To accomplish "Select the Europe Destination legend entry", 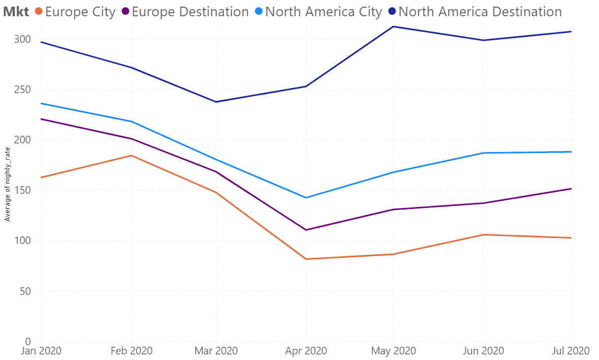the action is (185, 12).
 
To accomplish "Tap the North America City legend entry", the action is (319, 12).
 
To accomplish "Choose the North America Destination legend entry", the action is (475, 12).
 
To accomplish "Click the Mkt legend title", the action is (16, 12).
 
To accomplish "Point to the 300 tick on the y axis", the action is (22, 39).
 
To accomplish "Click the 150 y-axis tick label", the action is (22, 190).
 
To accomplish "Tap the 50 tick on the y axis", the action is (25, 291).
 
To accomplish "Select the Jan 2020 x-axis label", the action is (41, 351).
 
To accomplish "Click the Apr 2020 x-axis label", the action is (306, 351).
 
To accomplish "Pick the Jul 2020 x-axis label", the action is (571, 351).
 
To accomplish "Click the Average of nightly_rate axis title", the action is (7, 184).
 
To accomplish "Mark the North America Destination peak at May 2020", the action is (394, 26).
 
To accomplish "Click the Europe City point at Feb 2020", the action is (131, 156).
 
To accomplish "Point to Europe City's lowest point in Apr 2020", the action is (306, 259).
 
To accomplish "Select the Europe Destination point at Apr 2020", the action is (306, 230).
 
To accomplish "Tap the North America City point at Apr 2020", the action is (306, 198).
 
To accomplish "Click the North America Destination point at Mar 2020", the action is (216, 102).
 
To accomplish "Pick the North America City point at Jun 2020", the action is (484, 153).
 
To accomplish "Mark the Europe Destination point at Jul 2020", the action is (571, 189).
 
